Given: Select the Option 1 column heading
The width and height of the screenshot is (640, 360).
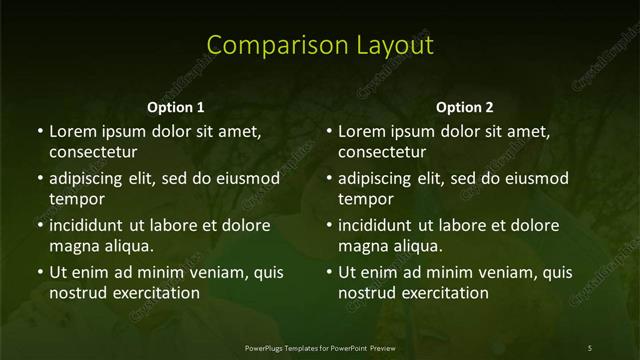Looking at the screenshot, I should pyautogui.click(x=176, y=107).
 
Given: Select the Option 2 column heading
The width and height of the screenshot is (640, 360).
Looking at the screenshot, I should pyautogui.click(x=465, y=107).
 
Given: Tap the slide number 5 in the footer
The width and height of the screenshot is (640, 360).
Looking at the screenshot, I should pyautogui.click(x=590, y=347).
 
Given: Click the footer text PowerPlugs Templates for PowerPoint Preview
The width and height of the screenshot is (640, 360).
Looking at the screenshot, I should pyautogui.click(x=320, y=347).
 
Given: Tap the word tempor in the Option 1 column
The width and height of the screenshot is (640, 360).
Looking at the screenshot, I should pyautogui.click(x=76, y=199).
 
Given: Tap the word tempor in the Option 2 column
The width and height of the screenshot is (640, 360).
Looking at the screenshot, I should pyautogui.click(x=365, y=199).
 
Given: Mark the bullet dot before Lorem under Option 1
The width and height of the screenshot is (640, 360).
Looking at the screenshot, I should pyautogui.click(x=40, y=132).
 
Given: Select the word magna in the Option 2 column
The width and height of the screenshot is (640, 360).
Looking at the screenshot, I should pyautogui.click(x=361, y=246).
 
